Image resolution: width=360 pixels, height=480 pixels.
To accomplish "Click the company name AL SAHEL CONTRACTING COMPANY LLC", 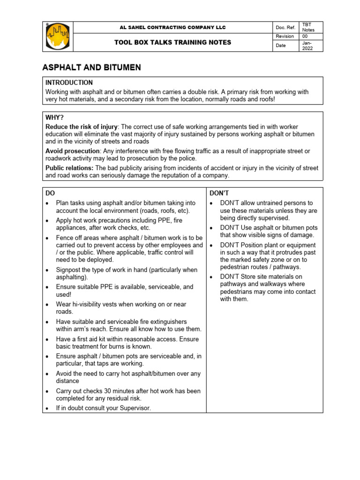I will [x=173, y=28].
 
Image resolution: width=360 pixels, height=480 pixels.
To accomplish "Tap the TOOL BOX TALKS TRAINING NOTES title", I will [x=173, y=43].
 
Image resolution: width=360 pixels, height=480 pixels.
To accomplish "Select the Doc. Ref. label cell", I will [x=285, y=28].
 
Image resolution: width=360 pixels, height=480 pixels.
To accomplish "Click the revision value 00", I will [x=305, y=37].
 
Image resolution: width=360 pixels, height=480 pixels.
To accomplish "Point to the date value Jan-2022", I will [x=307, y=45].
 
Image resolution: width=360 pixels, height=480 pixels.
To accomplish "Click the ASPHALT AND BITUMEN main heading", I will [x=92, y=68].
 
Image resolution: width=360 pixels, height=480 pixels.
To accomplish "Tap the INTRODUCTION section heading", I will [x=69, y=82].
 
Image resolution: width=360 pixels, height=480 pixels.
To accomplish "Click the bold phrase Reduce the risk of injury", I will [x=82, y=127].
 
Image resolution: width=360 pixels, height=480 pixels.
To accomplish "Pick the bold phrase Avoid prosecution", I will [x=72, y=150].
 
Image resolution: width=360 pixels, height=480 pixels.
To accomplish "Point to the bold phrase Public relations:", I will [x=69, y=168].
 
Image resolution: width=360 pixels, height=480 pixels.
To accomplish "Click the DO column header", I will [x=50, y=193].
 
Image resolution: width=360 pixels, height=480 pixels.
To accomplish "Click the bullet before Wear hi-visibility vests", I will [x=48, y=305].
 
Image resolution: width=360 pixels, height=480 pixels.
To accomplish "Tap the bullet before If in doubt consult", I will [x=48, y=408].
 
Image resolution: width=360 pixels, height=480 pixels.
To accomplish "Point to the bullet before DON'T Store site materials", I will [x=212, y=277].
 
